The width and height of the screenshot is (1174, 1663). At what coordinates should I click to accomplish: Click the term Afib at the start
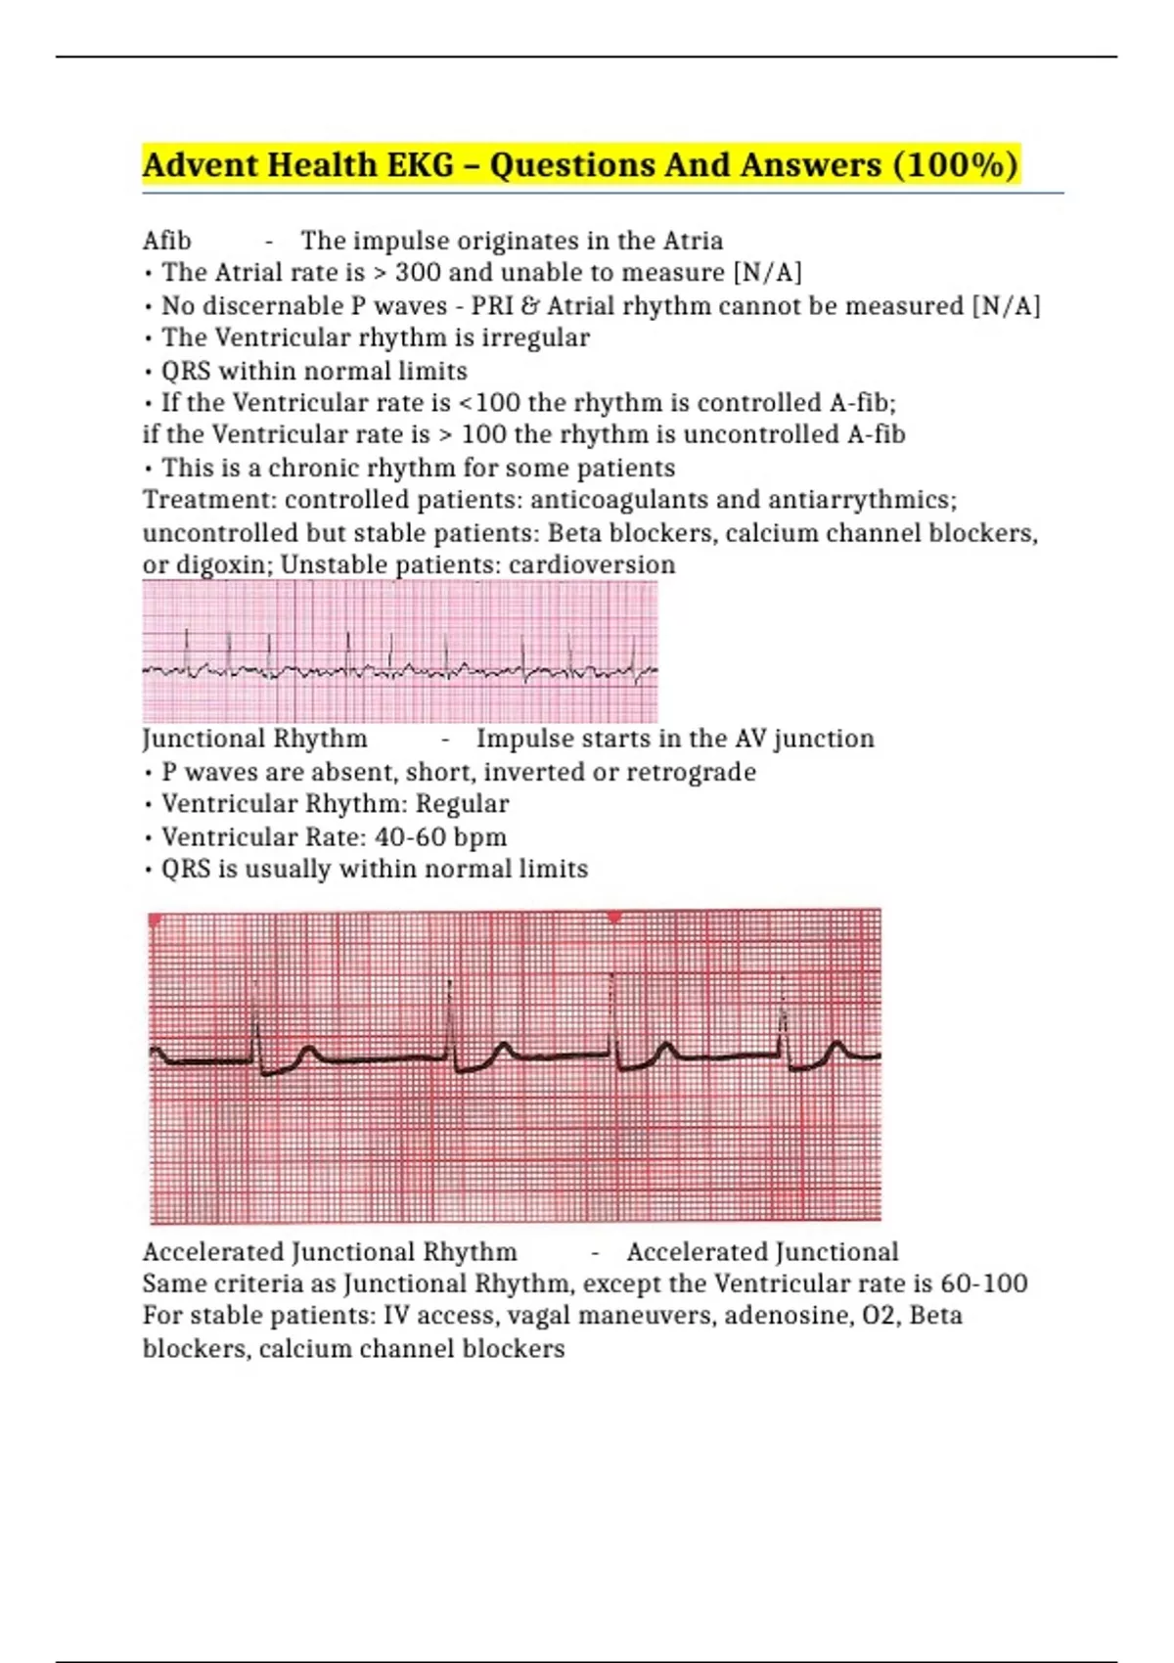tap(166, 241)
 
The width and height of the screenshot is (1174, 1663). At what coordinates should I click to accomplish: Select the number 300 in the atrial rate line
tap(417, 272)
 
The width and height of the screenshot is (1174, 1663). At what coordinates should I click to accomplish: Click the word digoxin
tap(223, 565)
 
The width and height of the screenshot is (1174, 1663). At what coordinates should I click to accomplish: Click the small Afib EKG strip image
tap(399, 652)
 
